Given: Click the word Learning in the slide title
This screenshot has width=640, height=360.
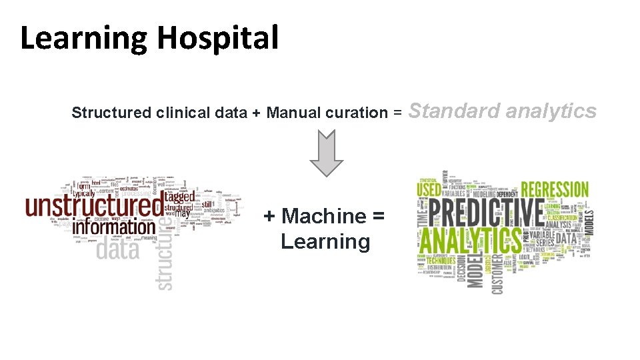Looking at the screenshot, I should tap(83, 39).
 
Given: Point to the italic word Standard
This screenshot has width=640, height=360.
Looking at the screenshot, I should tap(453, 111).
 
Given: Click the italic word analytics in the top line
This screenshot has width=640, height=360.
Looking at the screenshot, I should tap(551, 111).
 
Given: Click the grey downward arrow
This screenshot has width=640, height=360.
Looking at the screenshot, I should tap(326, 153).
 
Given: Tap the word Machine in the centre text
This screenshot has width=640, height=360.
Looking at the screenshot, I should tap(324, 216).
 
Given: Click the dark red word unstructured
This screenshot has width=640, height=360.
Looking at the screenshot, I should tap(93, 205).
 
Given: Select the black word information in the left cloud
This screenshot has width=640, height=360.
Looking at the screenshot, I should tap(113, 227).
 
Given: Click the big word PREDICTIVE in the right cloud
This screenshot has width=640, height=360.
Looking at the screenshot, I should tap(486, 213).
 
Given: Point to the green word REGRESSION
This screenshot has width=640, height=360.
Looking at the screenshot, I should tap(555, 189).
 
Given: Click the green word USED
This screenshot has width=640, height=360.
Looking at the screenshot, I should tap(429, 190).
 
